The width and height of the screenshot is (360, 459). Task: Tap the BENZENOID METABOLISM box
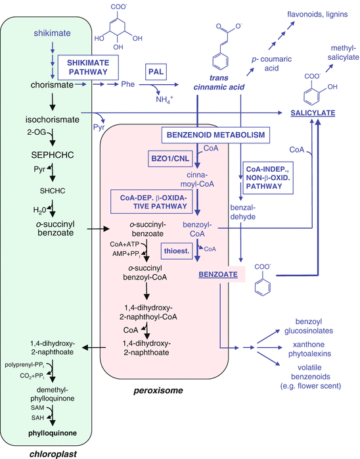pyautogui.click(x=214, y=135)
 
